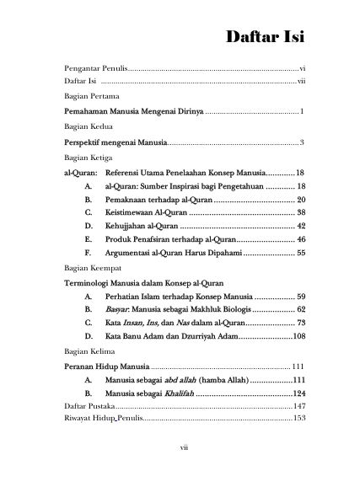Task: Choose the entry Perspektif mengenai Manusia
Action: tap(116, 142)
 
